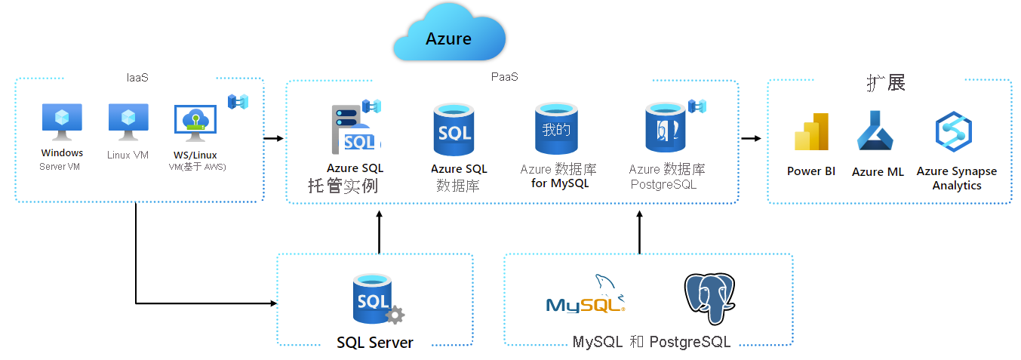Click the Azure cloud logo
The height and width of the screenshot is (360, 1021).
pos(448,37)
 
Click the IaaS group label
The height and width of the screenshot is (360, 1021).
pos(137,77)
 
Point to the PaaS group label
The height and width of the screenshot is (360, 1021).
pos(504,77)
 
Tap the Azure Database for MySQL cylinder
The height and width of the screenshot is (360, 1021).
pos(556,129)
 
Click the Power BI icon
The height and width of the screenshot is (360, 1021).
pos(811,133)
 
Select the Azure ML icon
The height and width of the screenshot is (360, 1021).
pos(875,132)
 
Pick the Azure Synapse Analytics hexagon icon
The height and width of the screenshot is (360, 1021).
pos(953,132)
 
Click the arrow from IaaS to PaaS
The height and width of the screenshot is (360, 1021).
pos(273,138)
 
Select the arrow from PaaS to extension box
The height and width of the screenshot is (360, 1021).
pos(751,138)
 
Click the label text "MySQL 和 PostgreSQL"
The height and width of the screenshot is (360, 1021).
pos(651,342)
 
